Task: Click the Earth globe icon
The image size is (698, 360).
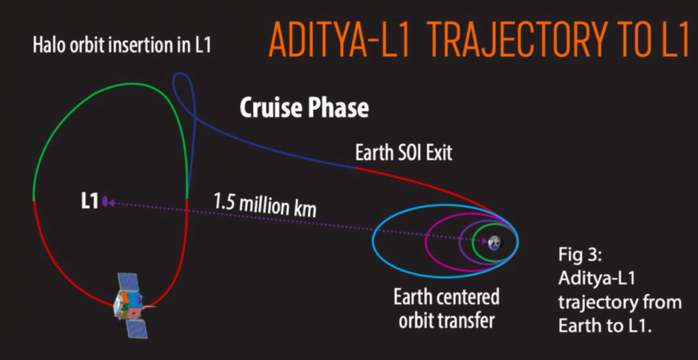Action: tap(495, 243)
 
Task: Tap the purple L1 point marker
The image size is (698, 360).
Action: tap(105, 202)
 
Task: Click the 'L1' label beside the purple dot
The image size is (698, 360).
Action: tap(89, 202)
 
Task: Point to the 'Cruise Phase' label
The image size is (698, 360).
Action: tap(305, 108)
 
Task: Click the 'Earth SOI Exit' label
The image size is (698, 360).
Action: tap(404, 152)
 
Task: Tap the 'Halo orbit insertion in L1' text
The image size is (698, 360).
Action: tap(121, 46)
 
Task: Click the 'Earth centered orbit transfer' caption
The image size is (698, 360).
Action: tap(446, 309)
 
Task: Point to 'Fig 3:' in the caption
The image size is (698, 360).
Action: tap(580, 257)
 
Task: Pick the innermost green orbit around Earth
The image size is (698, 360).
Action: tap(473, 243)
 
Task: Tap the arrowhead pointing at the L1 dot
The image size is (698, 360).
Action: tap(111, 202)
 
